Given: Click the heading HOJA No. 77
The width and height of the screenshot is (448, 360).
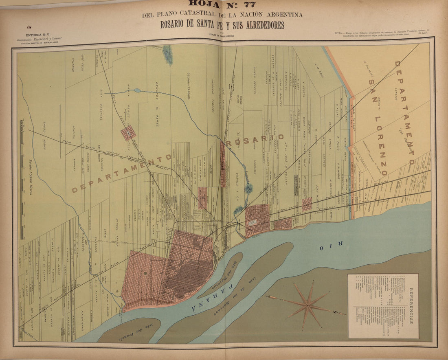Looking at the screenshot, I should [x=222, y=5].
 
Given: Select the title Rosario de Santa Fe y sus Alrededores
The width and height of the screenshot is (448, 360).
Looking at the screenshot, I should [x=222, y=24].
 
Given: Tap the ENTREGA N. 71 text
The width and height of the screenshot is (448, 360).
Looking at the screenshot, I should [x=39, y=35].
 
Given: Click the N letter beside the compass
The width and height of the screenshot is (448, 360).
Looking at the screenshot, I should [x=335, y=312].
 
